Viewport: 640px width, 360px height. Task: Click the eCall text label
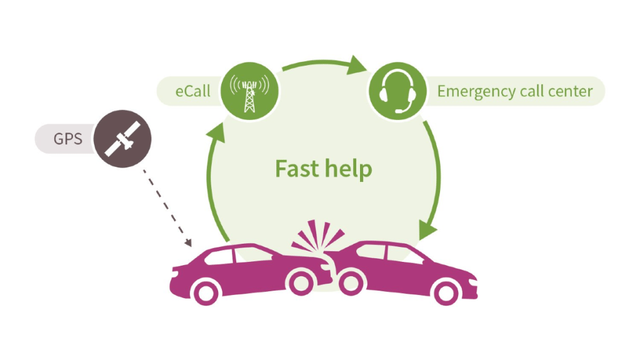coord(192,91)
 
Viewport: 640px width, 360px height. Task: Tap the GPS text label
coord(67,139)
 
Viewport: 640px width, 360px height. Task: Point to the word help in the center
coord(349,169)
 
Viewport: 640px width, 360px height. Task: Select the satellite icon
coord(122,139)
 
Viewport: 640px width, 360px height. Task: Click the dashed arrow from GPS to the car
coord(165,207)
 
